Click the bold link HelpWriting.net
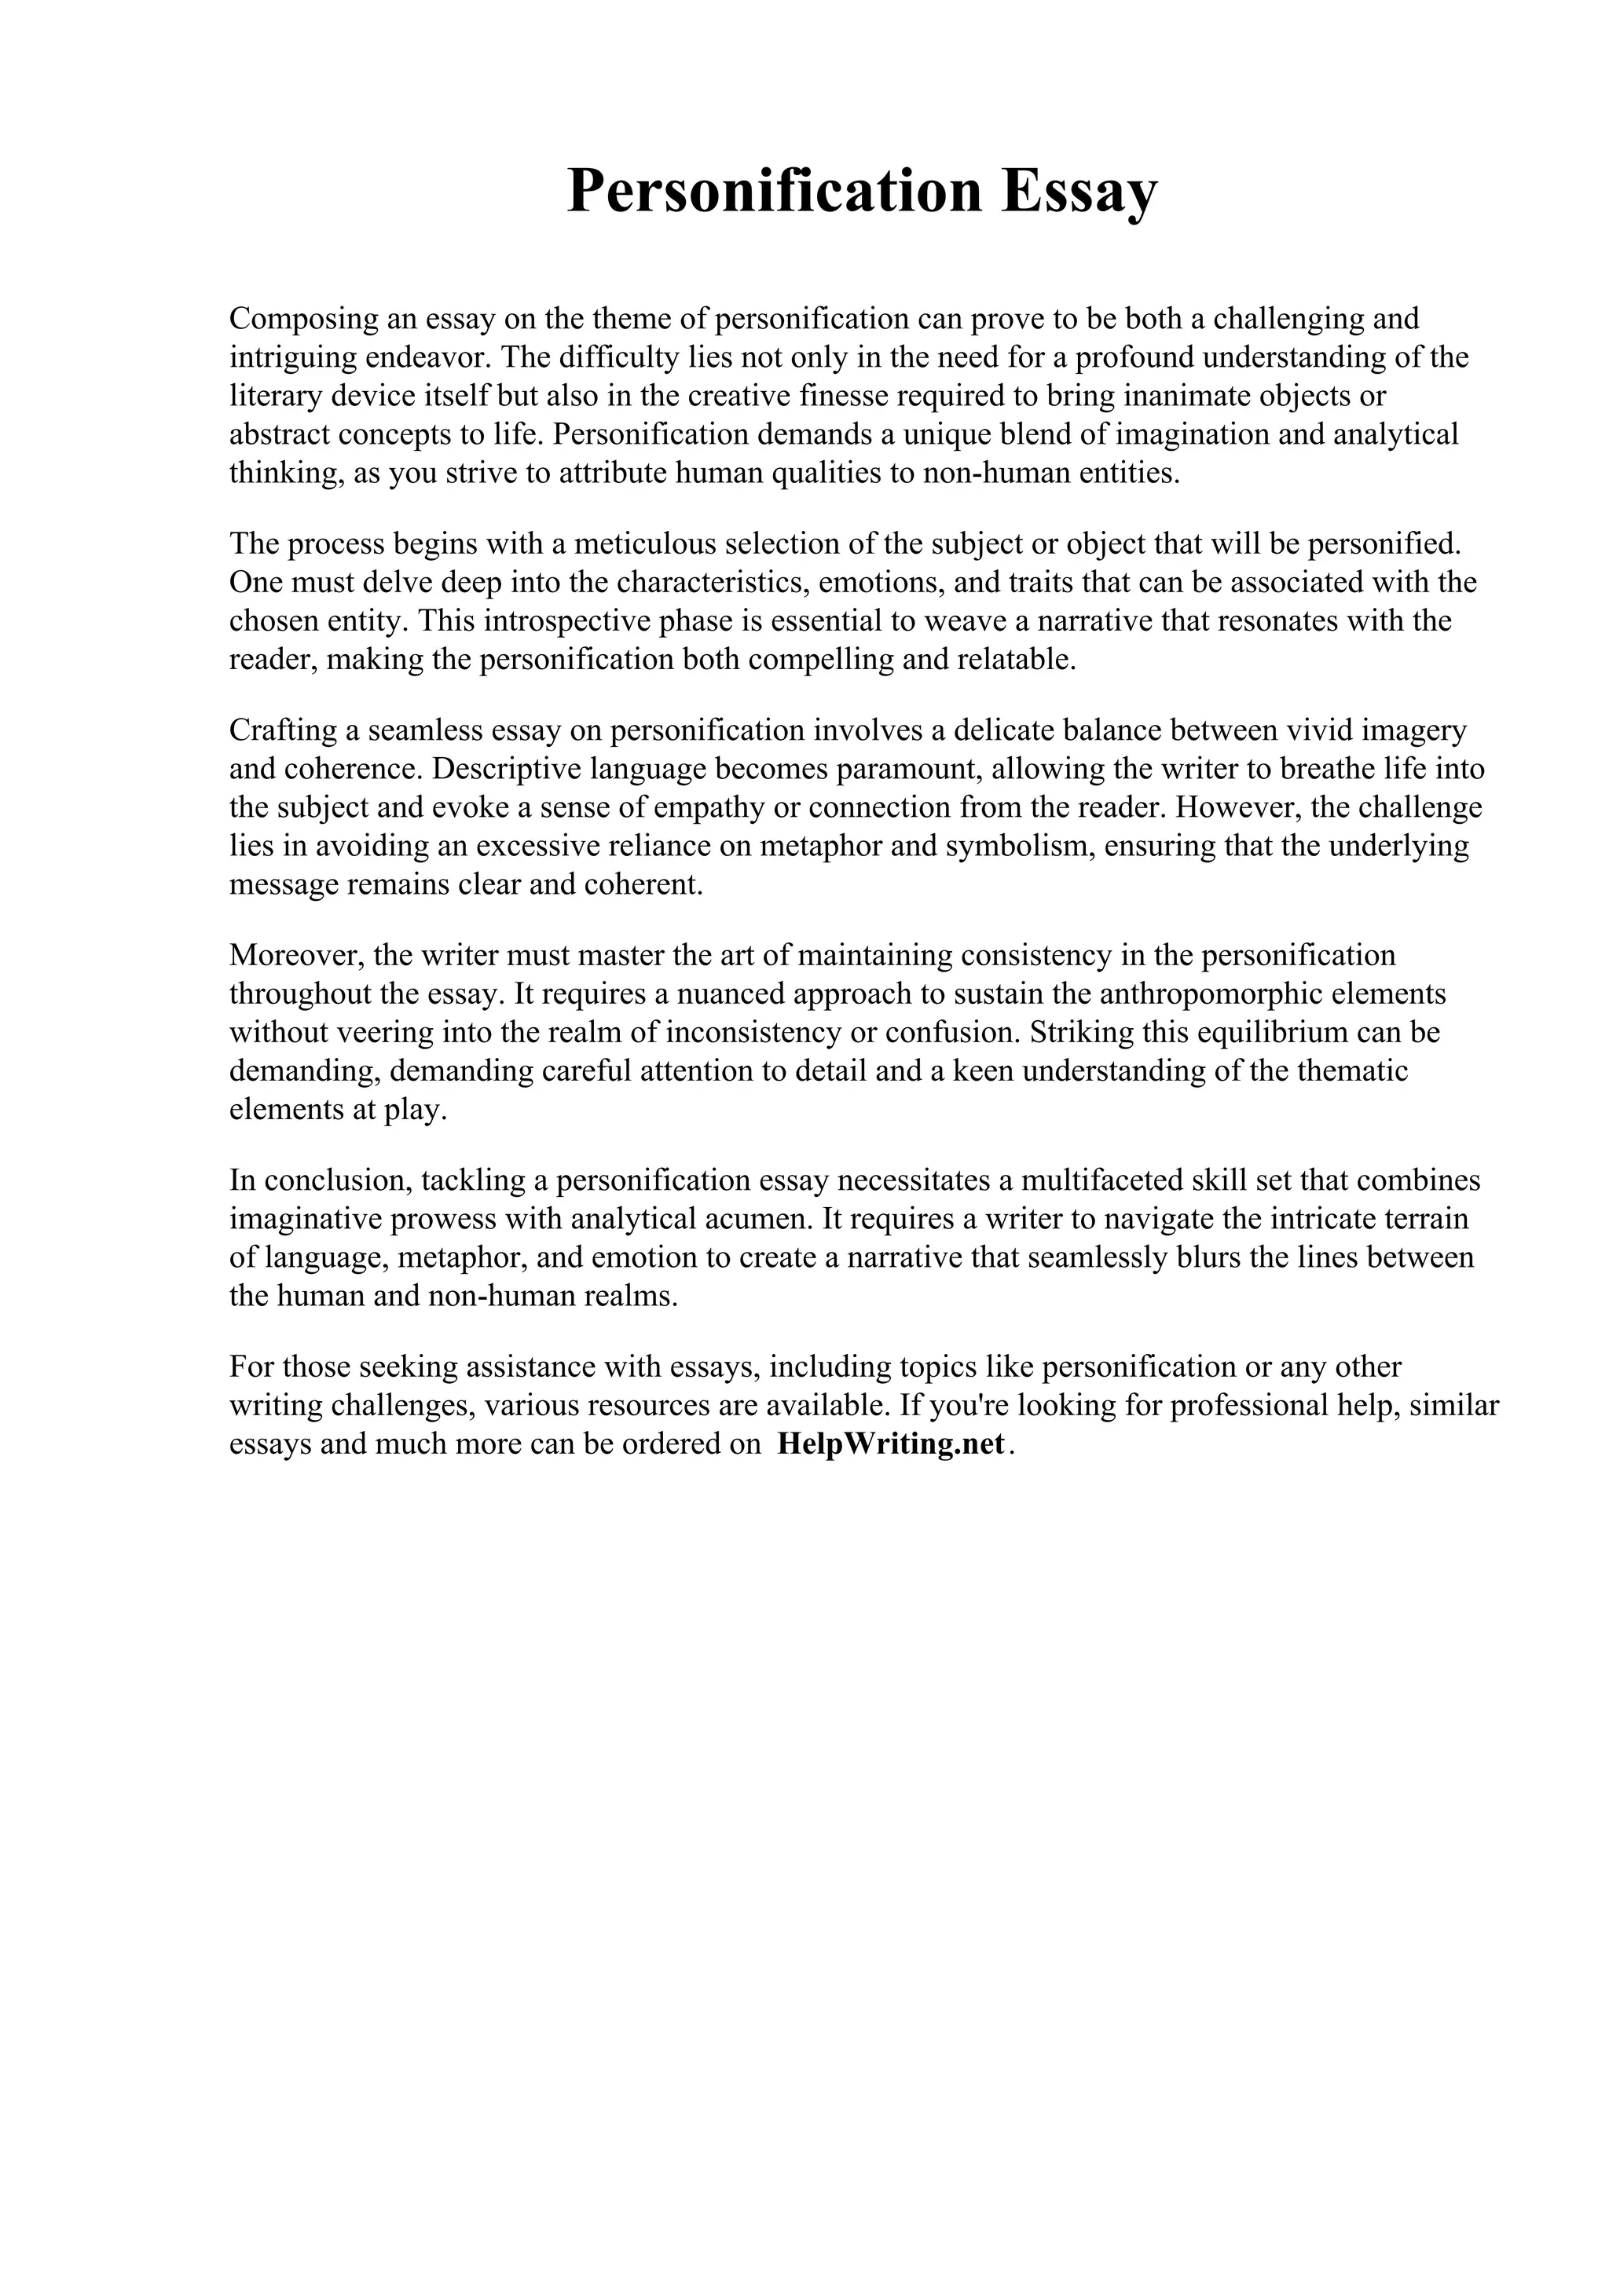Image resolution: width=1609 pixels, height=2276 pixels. pos(891,1444)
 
